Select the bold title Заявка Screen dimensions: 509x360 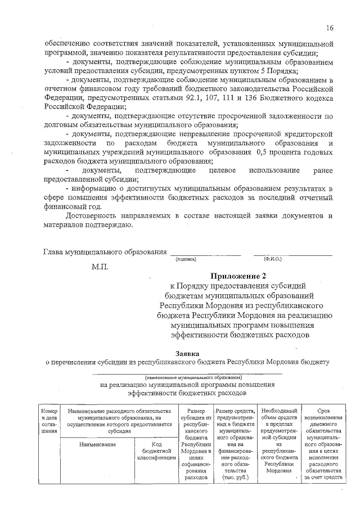[186, 353]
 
